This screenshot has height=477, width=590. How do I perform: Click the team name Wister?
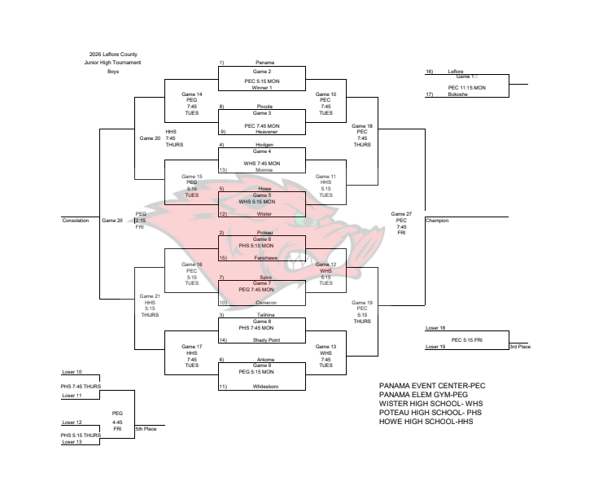pyautogui.click(x=264, y=214)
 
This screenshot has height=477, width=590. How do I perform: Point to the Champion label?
pyautogui.click(x=437, y=221)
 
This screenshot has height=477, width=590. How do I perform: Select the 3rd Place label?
pyautogui.click(x=519, y=347)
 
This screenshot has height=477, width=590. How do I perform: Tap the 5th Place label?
pyautogui.click(x=146, y=428)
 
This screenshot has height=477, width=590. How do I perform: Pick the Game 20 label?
pyautogui.click(x=151, y=138)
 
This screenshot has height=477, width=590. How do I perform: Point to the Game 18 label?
pyautogui.click(x=362, y=126)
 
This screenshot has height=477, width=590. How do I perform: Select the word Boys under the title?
pyautogui.click(x=113, y=72)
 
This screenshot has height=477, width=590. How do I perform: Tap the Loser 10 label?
pyautogui.click(x=72, y=372)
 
